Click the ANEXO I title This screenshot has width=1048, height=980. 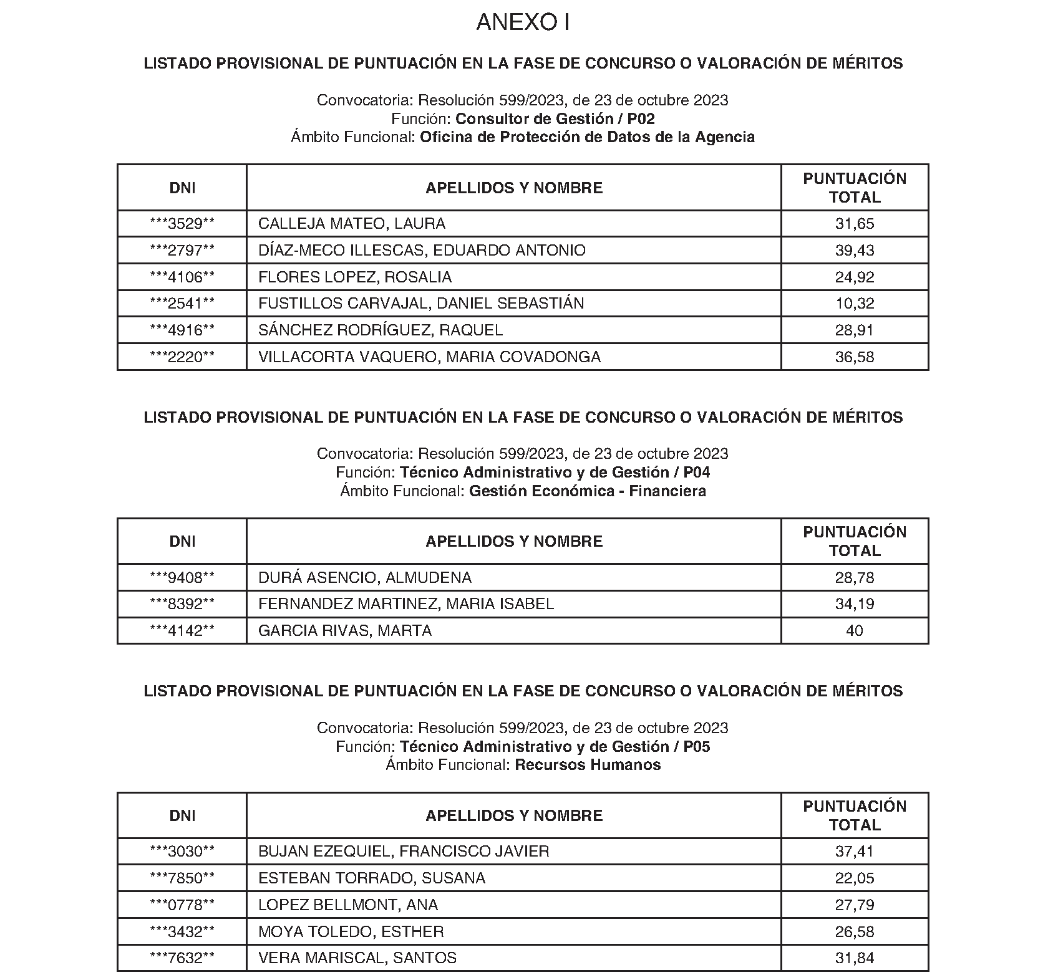(x=523, y=22)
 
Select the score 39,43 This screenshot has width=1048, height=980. (x=855, y=251)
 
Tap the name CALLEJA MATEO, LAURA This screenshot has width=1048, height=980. (x=352, y=224)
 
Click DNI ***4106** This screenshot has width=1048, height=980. (x=182, y=277)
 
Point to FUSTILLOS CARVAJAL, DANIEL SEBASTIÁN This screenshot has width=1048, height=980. (x=421, y=304)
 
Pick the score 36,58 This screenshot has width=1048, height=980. (x=855, y=357)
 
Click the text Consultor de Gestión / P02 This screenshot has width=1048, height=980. (x=555, y=118)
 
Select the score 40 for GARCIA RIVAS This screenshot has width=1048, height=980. (x=855, y=631)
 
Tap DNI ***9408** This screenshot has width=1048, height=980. (x=182, y=578)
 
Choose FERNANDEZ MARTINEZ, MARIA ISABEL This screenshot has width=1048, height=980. (x=406, y=604)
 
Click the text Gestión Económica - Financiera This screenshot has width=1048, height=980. (x=588, y=491)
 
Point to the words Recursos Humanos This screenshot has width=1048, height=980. (x=588, y=765)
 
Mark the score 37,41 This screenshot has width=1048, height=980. (x=855, y=852)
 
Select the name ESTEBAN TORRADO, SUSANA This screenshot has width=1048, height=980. (x=372, y=878)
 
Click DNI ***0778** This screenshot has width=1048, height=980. (x=182, y=905)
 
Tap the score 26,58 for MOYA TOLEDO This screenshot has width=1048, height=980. (x=855, y=932)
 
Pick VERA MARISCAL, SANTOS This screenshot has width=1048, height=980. (x=357, y=958)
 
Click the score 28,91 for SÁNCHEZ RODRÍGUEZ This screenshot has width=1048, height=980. (x=855, y=330)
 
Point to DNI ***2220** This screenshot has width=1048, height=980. (x=182, y=357)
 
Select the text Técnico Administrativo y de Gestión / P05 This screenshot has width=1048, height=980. (x=555, y=747)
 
